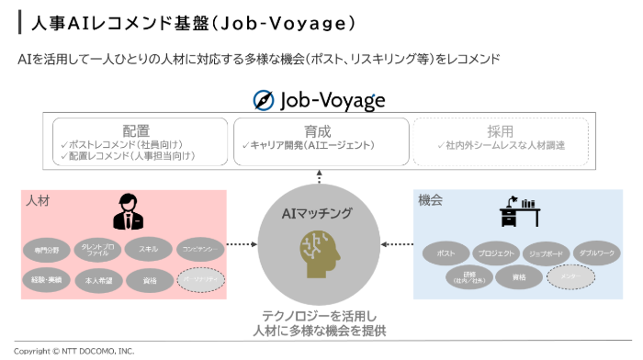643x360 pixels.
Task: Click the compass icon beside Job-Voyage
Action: tap(265, 100)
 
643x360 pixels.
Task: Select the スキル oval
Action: tap(148, 249)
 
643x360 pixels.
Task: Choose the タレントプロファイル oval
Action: tap(97, 249)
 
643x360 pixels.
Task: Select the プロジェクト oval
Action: tap(496, 252)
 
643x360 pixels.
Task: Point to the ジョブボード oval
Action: tap(547, 252)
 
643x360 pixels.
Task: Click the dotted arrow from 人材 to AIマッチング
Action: tap(241, 244)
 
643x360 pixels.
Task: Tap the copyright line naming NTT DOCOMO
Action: tap(73, 351)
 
